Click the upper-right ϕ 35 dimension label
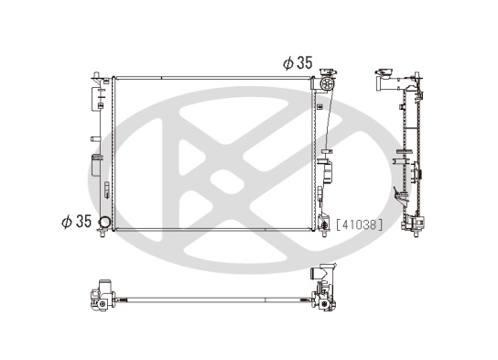point(298,62)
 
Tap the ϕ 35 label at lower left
point(77,221)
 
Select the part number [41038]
point(359,225)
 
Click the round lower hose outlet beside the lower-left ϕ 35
point(103,222)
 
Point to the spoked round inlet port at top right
point(326,84)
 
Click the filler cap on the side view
point(384,72)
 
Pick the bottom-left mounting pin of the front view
point(103,234)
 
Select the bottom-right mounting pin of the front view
point(324,234)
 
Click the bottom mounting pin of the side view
point(416,234)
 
